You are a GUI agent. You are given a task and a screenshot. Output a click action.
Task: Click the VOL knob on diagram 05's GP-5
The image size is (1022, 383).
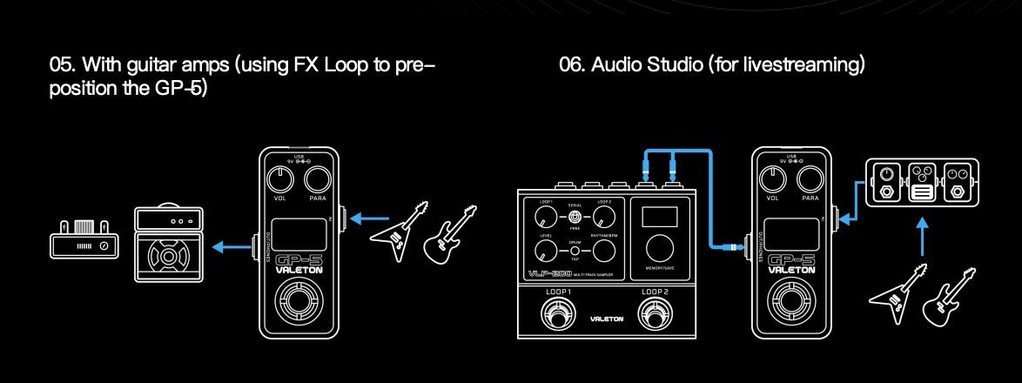point(279,180)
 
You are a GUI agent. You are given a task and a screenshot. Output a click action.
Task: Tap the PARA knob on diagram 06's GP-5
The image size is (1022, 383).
point(810,180)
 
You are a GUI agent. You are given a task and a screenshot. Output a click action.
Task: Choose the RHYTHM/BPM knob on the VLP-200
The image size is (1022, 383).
point(602,252)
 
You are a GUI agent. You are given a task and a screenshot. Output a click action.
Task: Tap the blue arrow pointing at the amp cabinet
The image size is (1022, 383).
point(231,247)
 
